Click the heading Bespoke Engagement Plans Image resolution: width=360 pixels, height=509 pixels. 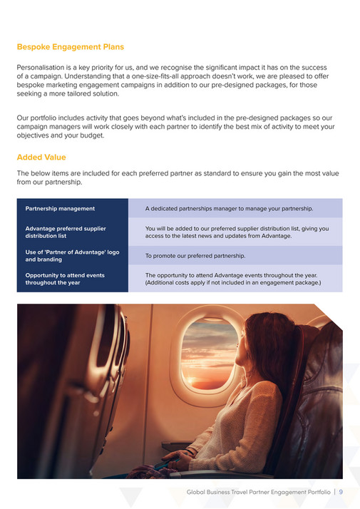tap(70, 47)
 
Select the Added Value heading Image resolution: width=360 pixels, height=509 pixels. tap(41, 157)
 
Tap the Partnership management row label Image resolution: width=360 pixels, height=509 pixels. tap(60, 208)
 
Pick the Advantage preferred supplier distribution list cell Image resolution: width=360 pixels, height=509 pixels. tap(66, 232)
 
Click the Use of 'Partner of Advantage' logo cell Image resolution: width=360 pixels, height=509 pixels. tap(72, 255)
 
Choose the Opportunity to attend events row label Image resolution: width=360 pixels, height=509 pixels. tap(63, 279)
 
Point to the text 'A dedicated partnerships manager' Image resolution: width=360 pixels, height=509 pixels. tap(192, 208)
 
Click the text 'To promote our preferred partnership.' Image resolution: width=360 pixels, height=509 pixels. tap(195, 255)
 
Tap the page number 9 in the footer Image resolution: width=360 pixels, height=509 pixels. tap(341, 492)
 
